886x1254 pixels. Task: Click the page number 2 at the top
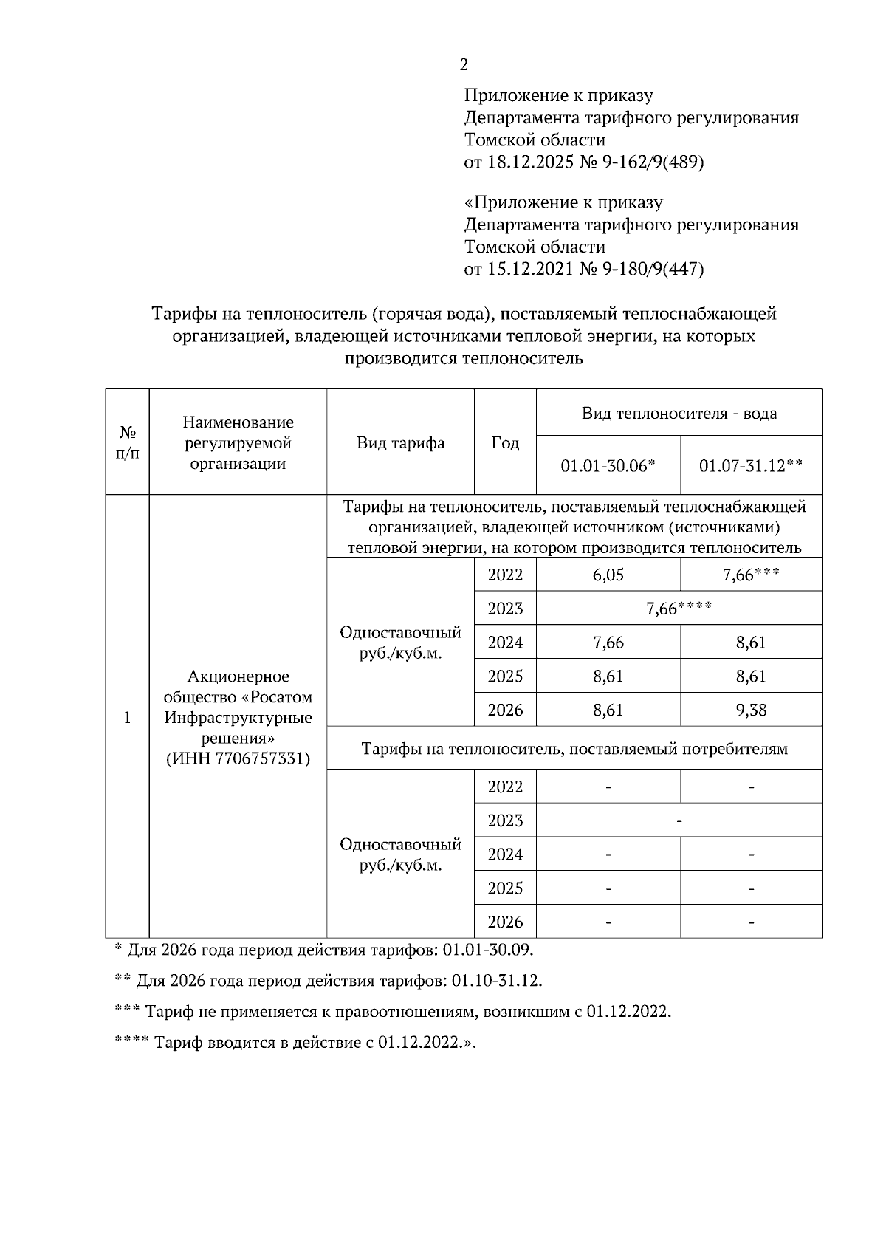pyautogui.click(x=464, y=65)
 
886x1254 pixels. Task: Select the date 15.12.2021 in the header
pyautogui.click(x=530, y=269)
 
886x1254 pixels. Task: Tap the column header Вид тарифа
pyautogui.click(x=400, y=443)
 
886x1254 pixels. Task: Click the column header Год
pyautogui.click(x=505, y=443)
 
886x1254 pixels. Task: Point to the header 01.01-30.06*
pyautogui.click(x=608, y=465)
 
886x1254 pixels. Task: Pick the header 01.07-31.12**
pyautogui.click(x=751, y=465)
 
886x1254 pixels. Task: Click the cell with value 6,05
pyautogui.click(x=608, y=575)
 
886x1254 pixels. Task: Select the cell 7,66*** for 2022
pyautogui.click(x=751, y=575)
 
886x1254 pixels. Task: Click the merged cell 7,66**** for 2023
pyautogui.click(x=679, y=609)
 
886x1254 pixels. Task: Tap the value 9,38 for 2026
pyautogui.click(x=751, y=710)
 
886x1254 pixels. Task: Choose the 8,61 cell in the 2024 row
pyautogui.click(x=751, y=643)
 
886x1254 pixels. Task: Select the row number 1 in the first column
pyautogui.click(x=127, y=718)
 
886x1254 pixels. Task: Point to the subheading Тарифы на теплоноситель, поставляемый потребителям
pyautogui.click(x=574, y=749)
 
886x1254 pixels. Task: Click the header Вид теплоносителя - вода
pyautogui.click(x=679, y=414)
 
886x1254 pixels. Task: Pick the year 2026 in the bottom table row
pyautogui.click(x=505, y=922)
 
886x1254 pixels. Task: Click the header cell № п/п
pyautogui.click(x=127, y=442)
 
